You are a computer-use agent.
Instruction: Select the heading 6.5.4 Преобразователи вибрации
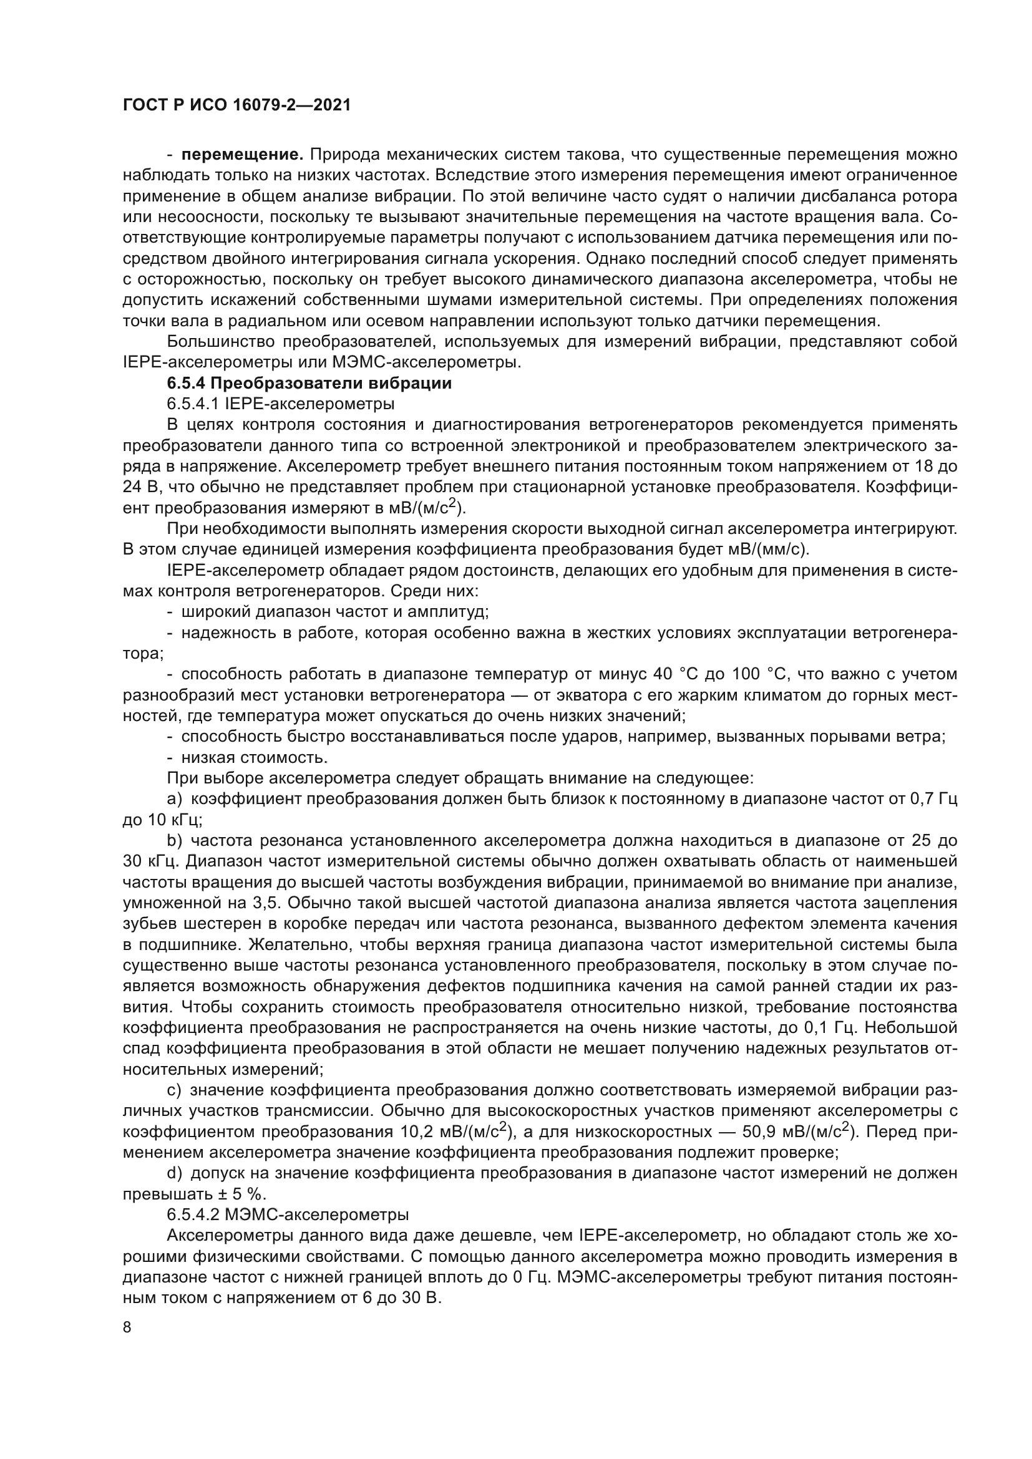pyautogui.click(x=309, y=383)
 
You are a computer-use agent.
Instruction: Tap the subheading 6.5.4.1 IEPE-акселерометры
pyautogui.click(x=280, y=404)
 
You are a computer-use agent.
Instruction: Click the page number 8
pyautogui.click(x=127, y=1327)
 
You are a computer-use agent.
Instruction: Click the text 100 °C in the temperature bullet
pyautogui.click(x=757, y=674)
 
